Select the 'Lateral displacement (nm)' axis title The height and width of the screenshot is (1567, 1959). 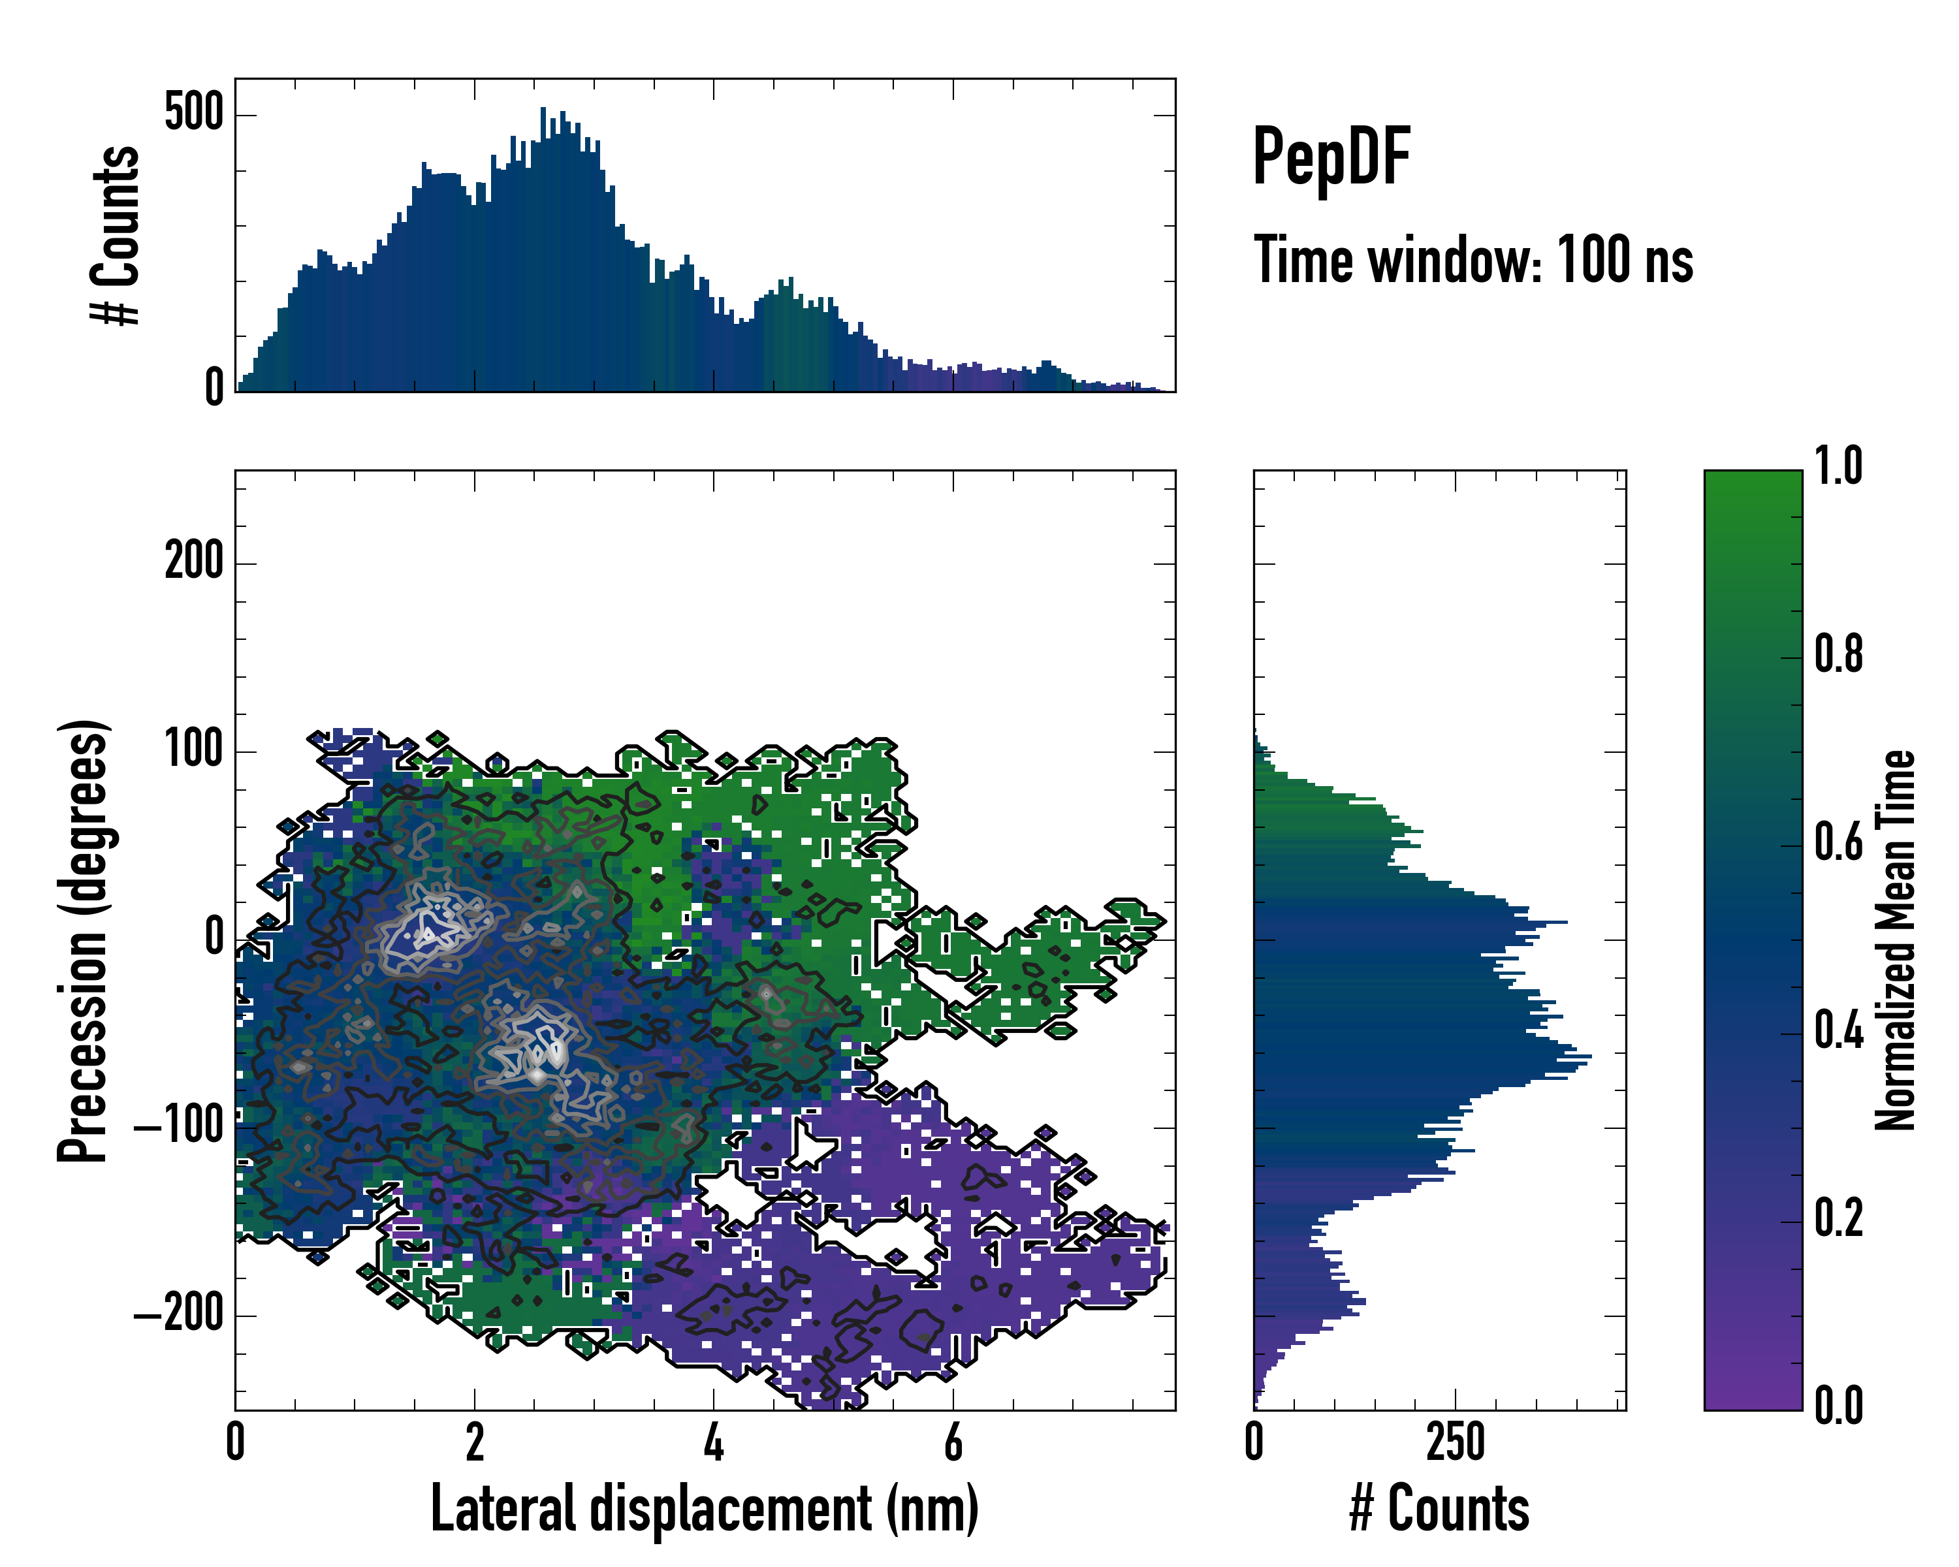[704, 1509]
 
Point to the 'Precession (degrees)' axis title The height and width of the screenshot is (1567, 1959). [83, 940]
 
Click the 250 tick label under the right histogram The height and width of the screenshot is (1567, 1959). [1455, 1442]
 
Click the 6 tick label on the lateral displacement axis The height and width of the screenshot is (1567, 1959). [953, 1442]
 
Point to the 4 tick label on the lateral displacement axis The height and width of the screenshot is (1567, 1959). [713, 1442]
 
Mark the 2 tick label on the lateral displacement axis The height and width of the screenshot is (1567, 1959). [474, 1442]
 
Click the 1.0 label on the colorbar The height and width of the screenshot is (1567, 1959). [1838, 467]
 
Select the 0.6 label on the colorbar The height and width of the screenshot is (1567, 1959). [1838, 843]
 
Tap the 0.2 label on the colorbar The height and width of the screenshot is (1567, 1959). [1838, 1219]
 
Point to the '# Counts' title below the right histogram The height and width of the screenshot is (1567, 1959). [1439, 1509]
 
